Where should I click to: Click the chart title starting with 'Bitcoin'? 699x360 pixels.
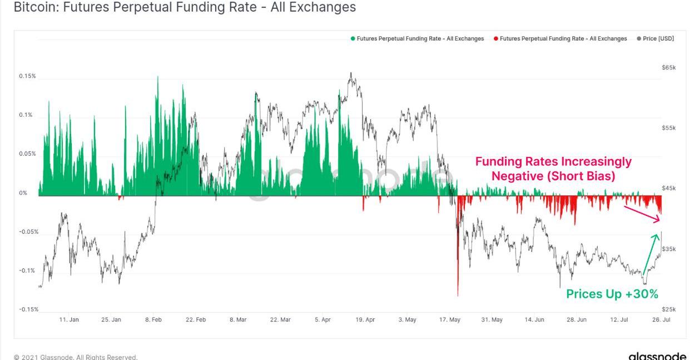point(184,7)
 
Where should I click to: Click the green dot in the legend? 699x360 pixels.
point(353,39)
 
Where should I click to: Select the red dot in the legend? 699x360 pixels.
point(495,39)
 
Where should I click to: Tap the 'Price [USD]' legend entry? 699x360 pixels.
point(658,39)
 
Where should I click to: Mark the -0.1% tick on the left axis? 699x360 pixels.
point(28,270)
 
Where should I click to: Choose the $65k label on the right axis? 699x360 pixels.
point(668,68)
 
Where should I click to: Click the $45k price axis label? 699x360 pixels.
point(668,189)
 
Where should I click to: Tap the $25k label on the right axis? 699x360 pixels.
point(668,309)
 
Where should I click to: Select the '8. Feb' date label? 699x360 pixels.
point(153,320)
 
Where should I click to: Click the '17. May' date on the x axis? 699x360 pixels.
point(450,320)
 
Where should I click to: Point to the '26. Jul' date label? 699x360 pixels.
point(661,320)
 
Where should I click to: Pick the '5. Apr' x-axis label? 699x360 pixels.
point(323,320)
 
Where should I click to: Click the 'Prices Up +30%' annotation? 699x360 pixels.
point(612,294)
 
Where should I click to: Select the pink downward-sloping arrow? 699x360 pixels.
point(642,214)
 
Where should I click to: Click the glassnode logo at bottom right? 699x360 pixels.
point(657,356)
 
